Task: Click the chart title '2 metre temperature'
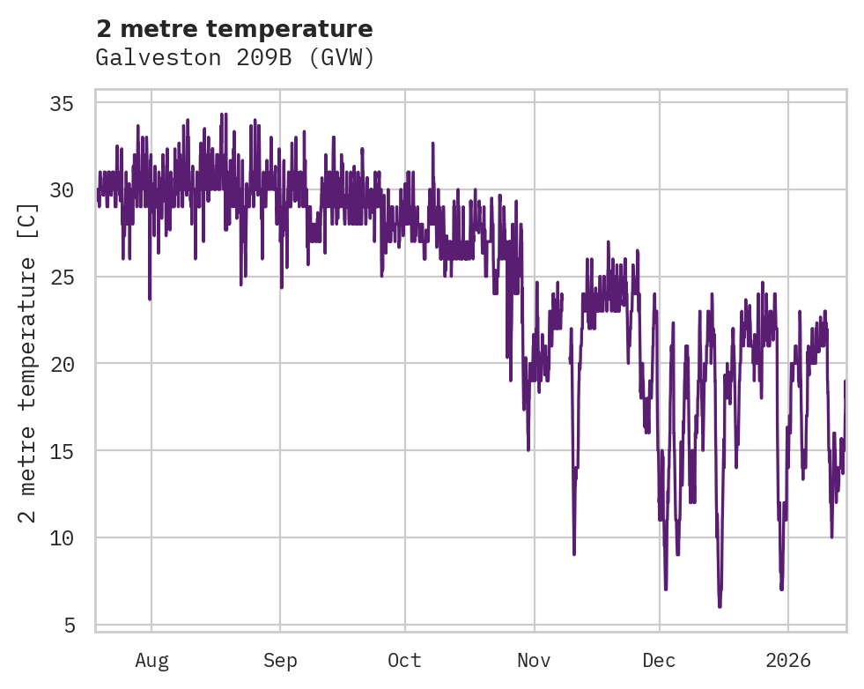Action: [x=234, y=29]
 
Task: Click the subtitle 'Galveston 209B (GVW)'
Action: [x=234, y=58]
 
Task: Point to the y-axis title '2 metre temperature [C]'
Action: [x=28, y=361]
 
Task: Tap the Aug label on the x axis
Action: [x=151, y=661]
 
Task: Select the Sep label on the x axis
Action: [x=280, y=661]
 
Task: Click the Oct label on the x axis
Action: [x=405, y=661]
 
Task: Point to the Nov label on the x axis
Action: [x=534, y=661]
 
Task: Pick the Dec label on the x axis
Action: [x=659, y=661]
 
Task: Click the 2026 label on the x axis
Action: [x=788, y=661]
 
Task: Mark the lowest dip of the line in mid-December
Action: [x=720, y=606]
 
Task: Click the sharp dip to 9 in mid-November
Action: [x=574, y=553]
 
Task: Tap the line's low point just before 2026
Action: [x=781, y=589]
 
